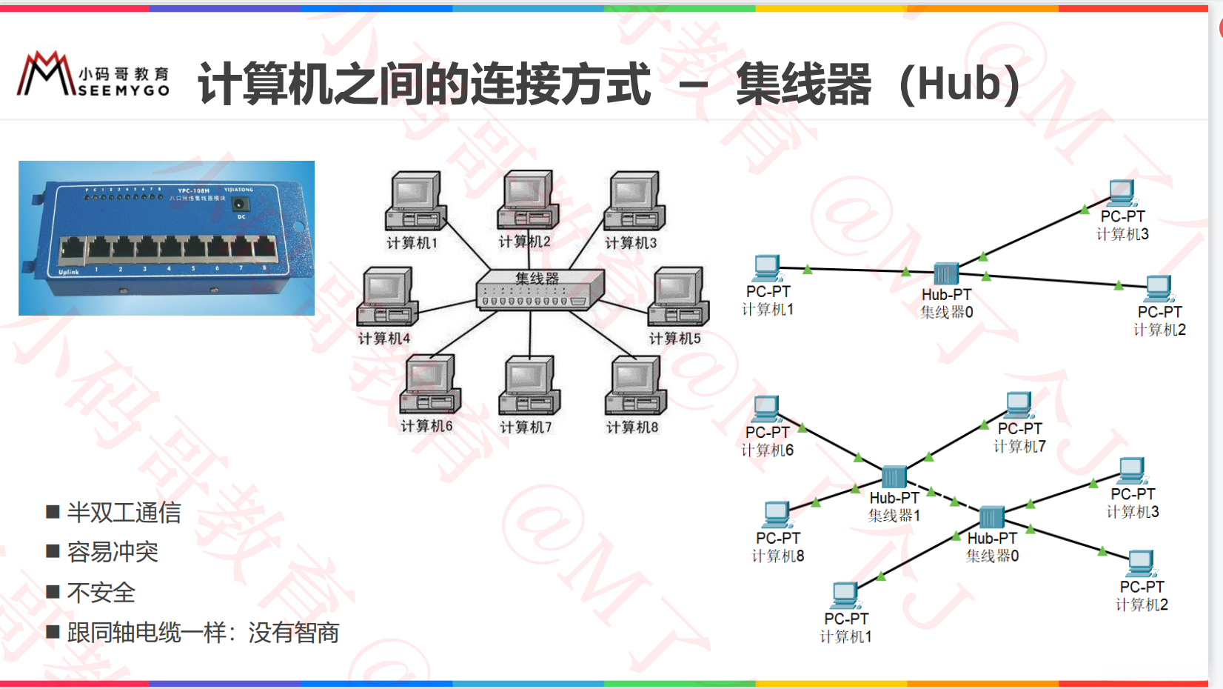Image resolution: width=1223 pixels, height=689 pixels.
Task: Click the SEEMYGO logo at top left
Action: click(x=93, y=75)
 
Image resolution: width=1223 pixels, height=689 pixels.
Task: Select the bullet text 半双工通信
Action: click(x=124, y=513)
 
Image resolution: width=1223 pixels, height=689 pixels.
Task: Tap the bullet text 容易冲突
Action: click(x=113, y=552)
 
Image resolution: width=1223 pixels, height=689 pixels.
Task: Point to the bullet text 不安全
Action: click(x=101, y=593)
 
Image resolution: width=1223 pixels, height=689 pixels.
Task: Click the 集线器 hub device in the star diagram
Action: click(x=540, y=289)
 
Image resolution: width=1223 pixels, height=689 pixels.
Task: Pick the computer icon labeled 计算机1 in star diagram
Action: click(x=415, y=202)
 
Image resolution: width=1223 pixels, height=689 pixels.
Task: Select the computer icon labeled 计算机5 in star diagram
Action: click(x=677, y=297)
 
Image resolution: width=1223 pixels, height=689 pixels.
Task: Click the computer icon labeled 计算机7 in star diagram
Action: click(x=529, y=386)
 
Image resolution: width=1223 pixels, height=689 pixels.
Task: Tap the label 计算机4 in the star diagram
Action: click(x=384, y=339)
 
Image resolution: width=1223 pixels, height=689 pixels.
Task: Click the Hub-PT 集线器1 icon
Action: click(x=894, y=477)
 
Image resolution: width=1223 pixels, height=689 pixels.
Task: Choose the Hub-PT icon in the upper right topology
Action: click(x=945, y=273)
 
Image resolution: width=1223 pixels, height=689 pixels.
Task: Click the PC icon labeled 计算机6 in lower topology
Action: click(x=765, y=409)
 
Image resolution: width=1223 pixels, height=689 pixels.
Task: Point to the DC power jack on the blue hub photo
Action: click(x=240, y=204)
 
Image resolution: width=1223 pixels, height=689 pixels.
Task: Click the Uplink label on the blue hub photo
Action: click(x=69, y=272)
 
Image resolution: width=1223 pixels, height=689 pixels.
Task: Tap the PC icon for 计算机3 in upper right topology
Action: click(x=1122, y=193)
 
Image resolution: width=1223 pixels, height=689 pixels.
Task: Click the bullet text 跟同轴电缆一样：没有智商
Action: click(x=203, y=633)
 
